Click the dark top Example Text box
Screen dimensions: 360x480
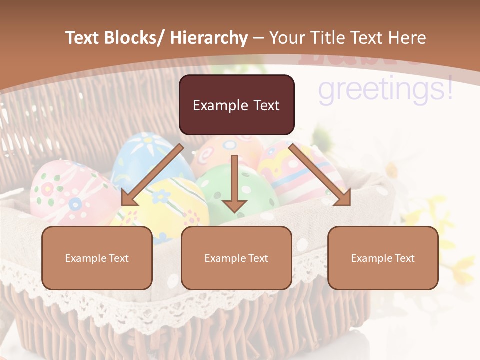tap(236, 105)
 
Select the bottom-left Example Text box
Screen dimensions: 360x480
tap(97, 258)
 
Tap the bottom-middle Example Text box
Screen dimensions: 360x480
tap(236, 258)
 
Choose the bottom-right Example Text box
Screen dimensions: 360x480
tap(383, 258)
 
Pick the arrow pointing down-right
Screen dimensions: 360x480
tap(320, 175)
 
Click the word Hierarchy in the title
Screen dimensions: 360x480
tap(209, 38)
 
